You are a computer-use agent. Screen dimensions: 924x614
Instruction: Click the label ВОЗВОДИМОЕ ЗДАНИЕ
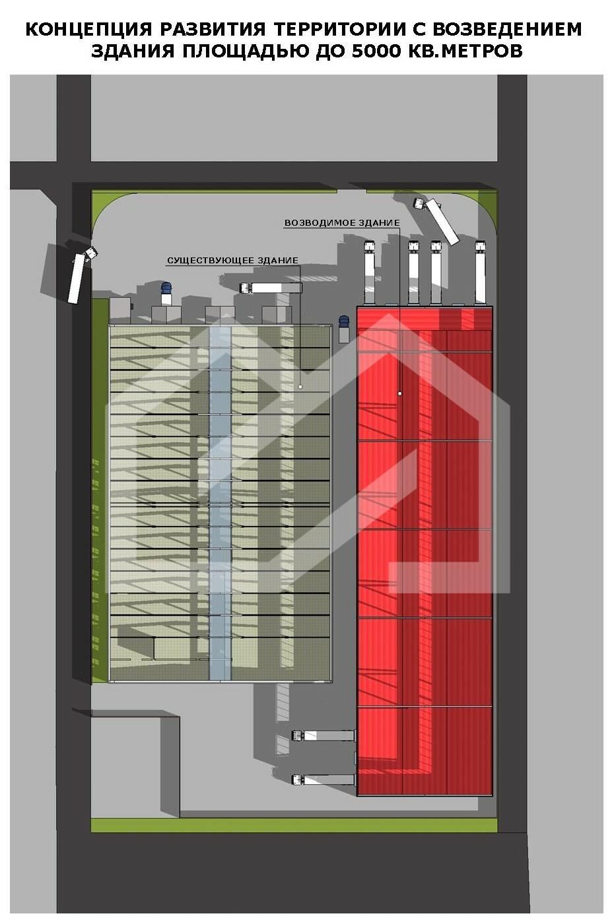[341, 223]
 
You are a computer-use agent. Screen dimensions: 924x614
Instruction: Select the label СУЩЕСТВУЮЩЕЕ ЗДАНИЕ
[232, 261]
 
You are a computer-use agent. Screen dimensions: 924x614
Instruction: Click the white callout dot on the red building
[399, 394]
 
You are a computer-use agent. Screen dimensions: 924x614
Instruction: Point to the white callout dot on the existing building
[300, 387]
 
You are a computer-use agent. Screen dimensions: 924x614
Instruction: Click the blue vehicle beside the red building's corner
[343, 328]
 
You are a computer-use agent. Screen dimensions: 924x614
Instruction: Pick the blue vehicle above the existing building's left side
[166, 293]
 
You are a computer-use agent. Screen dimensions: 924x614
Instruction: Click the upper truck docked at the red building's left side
[324, 735]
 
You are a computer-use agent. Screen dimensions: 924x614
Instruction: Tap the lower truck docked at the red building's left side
[324, 779]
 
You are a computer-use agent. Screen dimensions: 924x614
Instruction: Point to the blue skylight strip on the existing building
[221, 502]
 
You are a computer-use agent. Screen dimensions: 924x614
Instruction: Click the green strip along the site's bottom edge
[294, 825]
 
